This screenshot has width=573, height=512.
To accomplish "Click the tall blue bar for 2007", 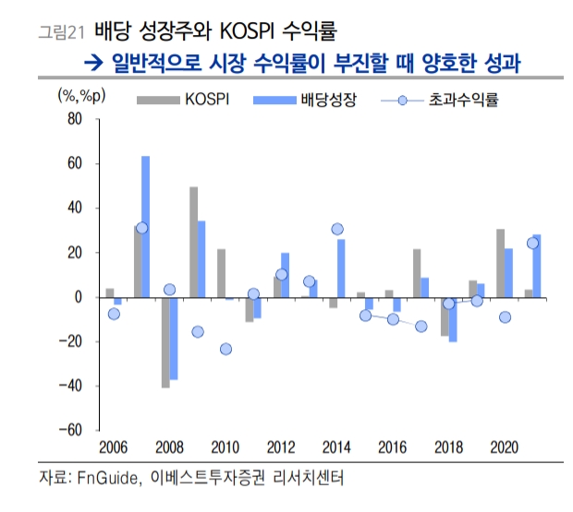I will coord(145,226).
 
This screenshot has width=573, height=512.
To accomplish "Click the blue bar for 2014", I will coord(341,268).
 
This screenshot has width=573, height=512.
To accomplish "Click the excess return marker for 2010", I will coord(226,349).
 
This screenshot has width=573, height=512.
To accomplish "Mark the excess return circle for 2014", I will coord(337,229).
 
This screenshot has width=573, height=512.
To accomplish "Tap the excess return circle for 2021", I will coord(532,244).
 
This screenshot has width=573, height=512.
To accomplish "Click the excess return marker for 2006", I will coord(114,314).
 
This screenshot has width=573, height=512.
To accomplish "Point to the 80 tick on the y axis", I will coord(75,120).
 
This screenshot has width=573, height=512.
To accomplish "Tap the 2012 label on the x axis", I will coord(281,448).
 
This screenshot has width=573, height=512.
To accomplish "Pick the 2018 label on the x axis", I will coord(449,448).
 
